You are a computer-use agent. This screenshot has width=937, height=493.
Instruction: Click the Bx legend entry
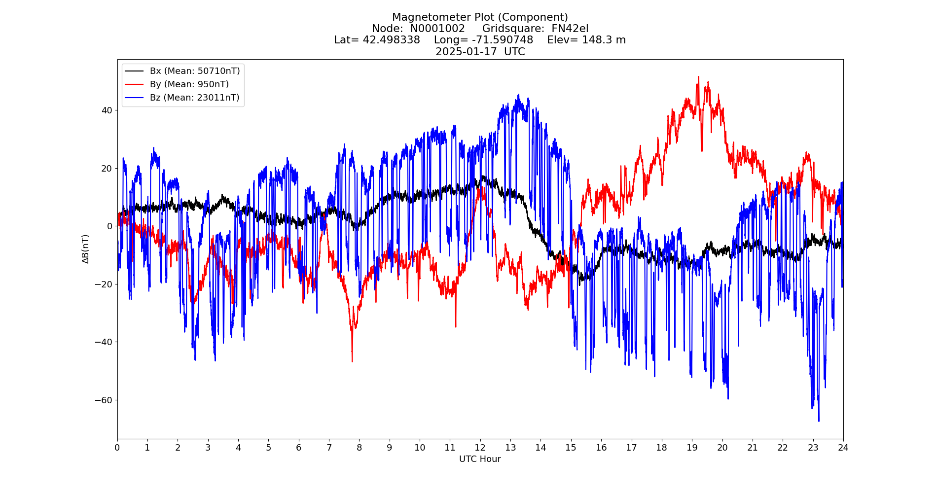194,71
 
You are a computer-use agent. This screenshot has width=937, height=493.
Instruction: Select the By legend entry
189,84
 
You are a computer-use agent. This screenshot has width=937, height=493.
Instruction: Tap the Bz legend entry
194,98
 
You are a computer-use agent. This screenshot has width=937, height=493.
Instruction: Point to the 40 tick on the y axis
107,110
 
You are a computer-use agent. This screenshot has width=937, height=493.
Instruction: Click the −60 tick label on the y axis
104,400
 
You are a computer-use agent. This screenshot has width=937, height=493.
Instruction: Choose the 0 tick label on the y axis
109,226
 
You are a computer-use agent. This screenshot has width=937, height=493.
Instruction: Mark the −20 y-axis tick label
104,284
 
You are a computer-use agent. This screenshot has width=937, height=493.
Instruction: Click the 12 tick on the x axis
480,448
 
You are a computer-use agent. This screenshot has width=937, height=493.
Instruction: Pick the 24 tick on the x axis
843,448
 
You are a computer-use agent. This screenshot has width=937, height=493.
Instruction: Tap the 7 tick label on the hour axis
329,448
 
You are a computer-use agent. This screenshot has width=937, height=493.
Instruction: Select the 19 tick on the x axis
692,448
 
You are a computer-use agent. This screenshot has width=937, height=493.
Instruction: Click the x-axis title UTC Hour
480,459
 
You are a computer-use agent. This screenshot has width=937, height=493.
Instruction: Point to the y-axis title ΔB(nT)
86,249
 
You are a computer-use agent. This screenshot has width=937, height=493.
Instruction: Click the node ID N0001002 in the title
437,29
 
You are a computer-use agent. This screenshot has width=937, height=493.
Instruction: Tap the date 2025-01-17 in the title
466,52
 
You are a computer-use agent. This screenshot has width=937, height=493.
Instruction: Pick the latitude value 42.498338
392,40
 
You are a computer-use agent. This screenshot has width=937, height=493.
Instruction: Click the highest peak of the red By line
698,77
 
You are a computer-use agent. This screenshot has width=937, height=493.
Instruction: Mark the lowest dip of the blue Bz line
819,421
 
